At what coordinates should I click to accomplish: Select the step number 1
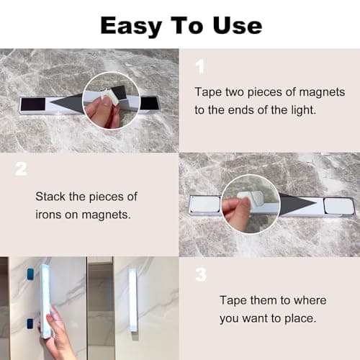(x=199, y=66)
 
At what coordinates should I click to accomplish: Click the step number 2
(x=21, y=169)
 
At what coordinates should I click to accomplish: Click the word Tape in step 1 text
(x=208, y=92)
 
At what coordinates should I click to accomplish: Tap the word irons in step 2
(x=50, y=213)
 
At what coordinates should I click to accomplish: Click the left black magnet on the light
(x=32, y=104)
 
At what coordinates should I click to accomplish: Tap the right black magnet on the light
(x=150, y=103)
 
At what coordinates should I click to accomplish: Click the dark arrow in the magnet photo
(x=68, y=105)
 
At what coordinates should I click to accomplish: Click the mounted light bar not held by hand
(x=132, y=300)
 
